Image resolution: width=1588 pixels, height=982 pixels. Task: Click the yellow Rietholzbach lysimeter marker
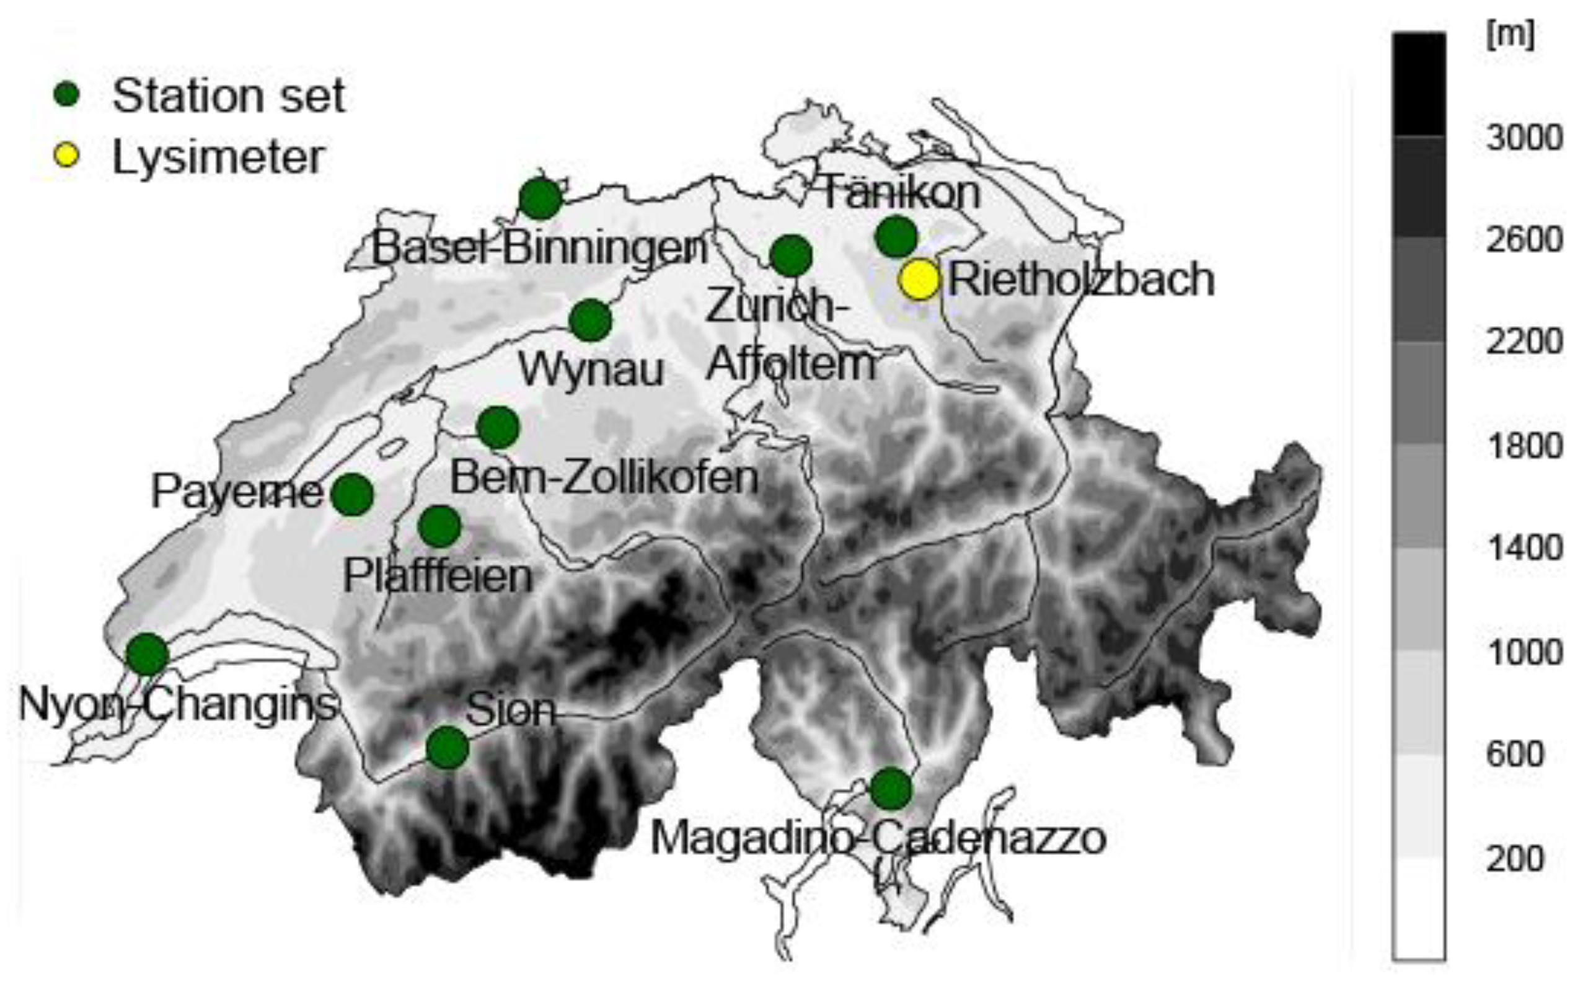(919, 279)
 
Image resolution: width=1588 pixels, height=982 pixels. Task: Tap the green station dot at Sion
(448, 748)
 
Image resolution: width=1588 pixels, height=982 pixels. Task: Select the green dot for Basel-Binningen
(540, 199)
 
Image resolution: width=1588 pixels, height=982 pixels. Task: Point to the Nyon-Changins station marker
(148, 654)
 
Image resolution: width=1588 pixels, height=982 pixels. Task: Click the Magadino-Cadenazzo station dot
(891, 789)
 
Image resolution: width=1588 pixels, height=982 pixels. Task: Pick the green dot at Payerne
(353, 495)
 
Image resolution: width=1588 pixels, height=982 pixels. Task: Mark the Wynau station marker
(590, 320)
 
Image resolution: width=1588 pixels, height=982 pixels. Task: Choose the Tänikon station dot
(896, 236)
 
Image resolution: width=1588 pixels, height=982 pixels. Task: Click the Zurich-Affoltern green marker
(791, 255)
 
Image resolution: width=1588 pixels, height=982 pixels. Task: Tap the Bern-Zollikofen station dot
(498, 427)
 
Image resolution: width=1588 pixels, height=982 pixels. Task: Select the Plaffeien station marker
(439, 526)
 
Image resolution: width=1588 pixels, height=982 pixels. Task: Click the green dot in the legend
(66, 95)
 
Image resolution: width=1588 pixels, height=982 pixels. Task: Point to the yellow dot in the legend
(66, 156)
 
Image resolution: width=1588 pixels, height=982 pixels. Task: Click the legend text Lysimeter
(218, 157)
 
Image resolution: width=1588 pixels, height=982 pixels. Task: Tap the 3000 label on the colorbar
(1524, 138)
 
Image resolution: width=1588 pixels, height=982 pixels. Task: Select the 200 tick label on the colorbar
(1515, 859)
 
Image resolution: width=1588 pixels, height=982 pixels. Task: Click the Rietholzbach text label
(1081, 279)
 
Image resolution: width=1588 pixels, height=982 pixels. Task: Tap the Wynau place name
(591, 370)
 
